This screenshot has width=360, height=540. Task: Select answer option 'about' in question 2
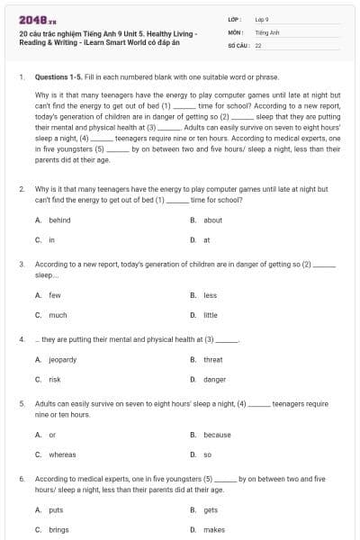click(212, 220)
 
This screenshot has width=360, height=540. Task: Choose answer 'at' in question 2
click(207, 240)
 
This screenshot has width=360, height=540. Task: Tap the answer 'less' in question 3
click(210, 295)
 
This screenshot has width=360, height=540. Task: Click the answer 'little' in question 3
click(211, 315)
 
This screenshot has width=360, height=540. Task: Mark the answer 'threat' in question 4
click(212, 359)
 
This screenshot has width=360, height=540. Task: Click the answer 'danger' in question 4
click(214, 380)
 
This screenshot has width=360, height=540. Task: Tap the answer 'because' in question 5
click(217, 435)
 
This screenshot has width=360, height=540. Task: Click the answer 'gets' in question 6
click(211, 509)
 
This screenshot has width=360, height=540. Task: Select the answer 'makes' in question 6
click(214, 530)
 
